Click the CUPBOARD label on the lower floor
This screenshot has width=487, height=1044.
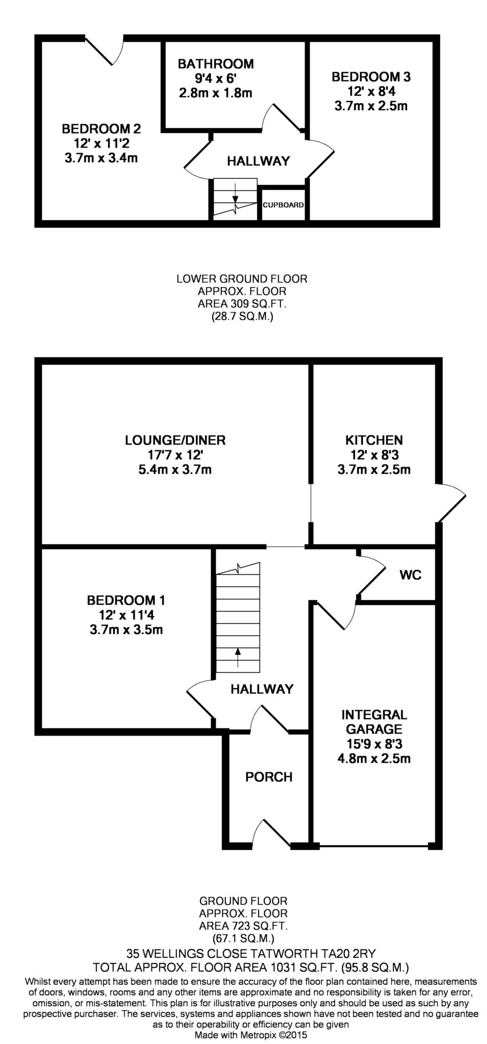pos(283,205)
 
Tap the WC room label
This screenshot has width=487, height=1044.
pos(411,575)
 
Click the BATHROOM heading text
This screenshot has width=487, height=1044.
pos(216,64)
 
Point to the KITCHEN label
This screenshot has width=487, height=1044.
pos(374,440)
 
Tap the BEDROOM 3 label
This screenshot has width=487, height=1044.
pos(371,77)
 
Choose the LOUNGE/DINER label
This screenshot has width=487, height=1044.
pos(175,440)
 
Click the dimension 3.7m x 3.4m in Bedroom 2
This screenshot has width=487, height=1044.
pos(101,158)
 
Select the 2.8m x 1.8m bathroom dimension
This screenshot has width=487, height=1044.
pos(216,93)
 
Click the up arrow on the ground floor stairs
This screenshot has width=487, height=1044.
pos(238,658)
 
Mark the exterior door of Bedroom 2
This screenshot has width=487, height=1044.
pos(105,51)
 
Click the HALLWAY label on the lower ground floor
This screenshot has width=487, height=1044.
pos(258,161)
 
